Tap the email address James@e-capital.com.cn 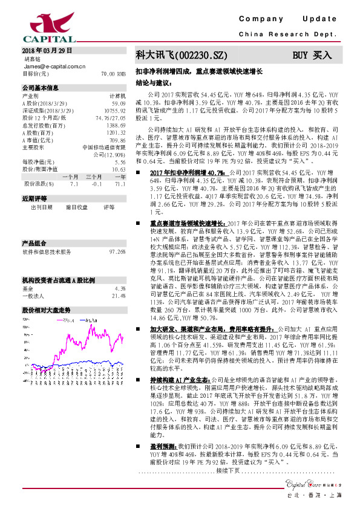[54, 66]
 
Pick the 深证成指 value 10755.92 [114, 111]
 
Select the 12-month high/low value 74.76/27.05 [111, 118]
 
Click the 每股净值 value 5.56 [119, 162]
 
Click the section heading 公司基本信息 [41, 88]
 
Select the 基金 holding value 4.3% [120, 271]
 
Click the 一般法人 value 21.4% [118, 279]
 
